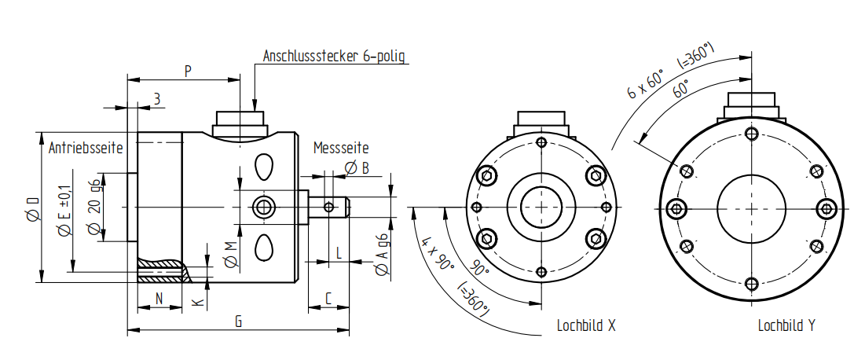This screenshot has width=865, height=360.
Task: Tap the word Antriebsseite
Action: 86,148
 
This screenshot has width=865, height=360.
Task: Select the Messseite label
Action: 341,148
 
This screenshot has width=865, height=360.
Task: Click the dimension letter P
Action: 188,71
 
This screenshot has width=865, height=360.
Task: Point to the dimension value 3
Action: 157,98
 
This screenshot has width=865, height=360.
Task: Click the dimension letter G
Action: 238,321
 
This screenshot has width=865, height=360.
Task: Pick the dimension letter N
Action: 159,299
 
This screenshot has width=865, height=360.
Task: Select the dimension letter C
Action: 329,299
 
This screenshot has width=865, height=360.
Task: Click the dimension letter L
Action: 338,253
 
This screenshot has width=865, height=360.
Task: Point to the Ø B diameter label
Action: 357,167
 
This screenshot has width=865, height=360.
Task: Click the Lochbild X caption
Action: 585,325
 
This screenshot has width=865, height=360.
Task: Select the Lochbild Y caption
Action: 786,325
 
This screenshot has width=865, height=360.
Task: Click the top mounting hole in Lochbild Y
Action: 751,133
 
